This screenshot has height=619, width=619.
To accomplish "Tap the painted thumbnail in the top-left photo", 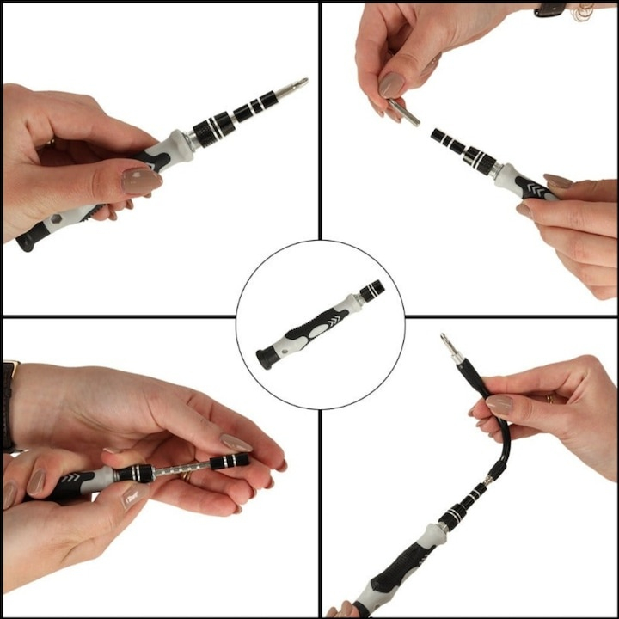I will tap(141, 181).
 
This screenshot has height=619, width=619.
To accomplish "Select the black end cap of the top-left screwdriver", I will tap(26, 240).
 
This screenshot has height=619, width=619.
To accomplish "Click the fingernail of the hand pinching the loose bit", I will tap(392, 84).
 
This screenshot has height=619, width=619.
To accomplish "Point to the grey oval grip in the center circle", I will tap(322, 328).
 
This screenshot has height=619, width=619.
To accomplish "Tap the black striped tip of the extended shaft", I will tap(230, 462).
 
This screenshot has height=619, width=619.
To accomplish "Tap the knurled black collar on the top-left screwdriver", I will tap(210, 130).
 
